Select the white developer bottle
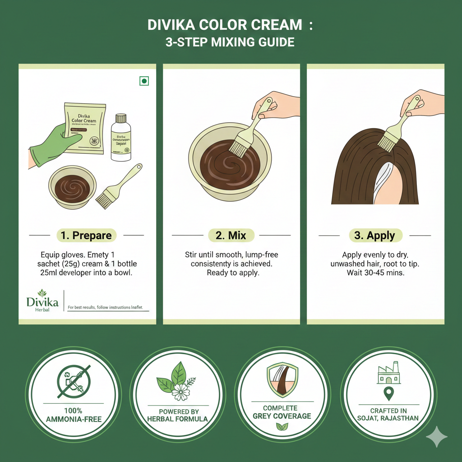pos(120,138)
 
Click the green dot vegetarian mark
pos(144,81)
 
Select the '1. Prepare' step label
pos(87,235)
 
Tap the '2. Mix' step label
pos(231,235)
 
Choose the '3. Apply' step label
pos(374,235)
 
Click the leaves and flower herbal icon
pos(177,381)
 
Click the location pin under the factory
pos(388,394)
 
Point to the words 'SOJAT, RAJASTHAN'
pos(388,418)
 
